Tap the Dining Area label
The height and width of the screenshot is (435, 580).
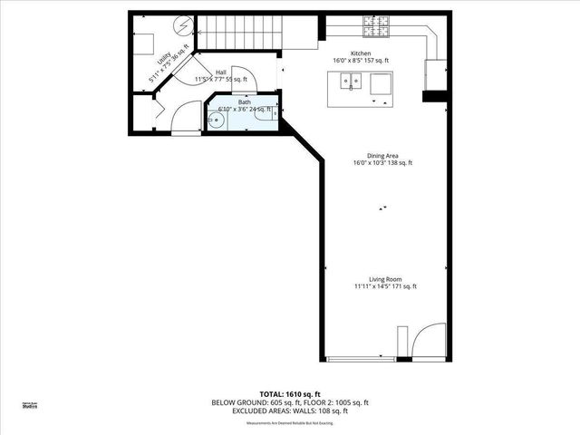tap(382, 155)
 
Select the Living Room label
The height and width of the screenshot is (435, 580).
tap(385, 279)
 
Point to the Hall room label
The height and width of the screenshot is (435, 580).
tap(221, 72)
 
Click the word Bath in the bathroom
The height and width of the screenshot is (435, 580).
tap(245, 102)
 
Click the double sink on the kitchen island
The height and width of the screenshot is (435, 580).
tap(351, 82)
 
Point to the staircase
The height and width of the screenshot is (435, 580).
tap(236, 33)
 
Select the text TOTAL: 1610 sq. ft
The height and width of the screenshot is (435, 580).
tap(290, 394)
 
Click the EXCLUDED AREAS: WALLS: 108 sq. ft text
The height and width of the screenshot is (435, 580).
tap(290, 411)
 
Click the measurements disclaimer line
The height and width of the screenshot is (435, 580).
tap(290, 421)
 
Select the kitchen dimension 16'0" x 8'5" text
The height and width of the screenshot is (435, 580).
tap(361, 61)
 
